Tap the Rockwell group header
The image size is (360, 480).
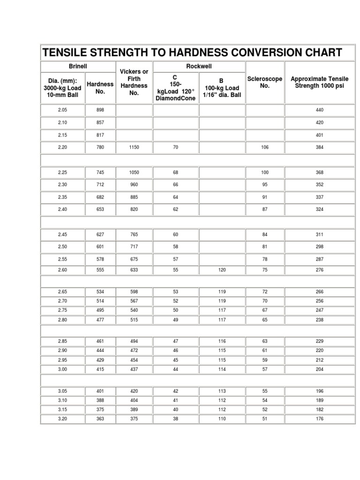coord(199,67)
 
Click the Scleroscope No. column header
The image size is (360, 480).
coord(264,82)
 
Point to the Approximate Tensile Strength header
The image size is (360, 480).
coord(319,82)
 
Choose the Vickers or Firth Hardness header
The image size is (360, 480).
coord(134,82)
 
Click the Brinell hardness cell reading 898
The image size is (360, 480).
coord(100,110)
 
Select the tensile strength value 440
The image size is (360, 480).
coord(320,110)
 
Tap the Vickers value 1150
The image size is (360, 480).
coord(134,147)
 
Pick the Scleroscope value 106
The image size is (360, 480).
coord(265,147)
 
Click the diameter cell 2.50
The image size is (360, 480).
coord(62,247)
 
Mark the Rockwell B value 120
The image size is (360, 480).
coord(222,270)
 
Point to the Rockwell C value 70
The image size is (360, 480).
coord(176,147)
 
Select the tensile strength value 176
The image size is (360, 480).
coord(320,419)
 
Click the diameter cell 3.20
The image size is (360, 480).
coord(62,419)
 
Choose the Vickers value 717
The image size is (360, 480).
coord(134,247)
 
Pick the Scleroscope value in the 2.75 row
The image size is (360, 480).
coord(265,310)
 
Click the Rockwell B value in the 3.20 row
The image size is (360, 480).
coord(222,419)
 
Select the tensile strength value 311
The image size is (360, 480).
coord(320,234)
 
